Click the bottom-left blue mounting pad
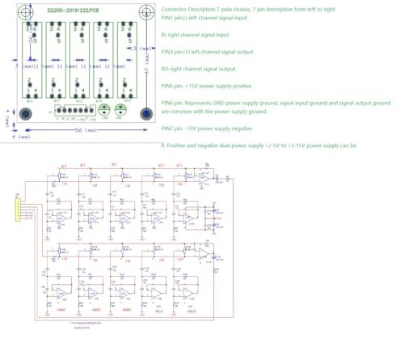pos(25,113)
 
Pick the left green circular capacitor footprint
pos(104,112)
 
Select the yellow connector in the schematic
pos(17,209)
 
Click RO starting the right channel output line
pos(166,69)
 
